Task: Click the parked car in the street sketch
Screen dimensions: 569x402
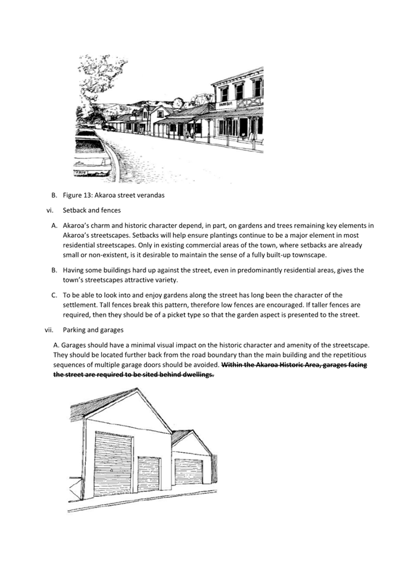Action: (91, 154)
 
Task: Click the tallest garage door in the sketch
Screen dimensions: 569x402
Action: (113, 463)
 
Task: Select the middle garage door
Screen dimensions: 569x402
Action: (149, 472)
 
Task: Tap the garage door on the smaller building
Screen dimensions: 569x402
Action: (188, 471)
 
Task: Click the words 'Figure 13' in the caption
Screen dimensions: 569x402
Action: (79, 195)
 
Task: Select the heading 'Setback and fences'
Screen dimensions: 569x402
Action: (92, 210)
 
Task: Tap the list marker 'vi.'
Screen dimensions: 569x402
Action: (50, 210)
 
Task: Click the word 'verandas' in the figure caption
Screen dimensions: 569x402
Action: (148, 195)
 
